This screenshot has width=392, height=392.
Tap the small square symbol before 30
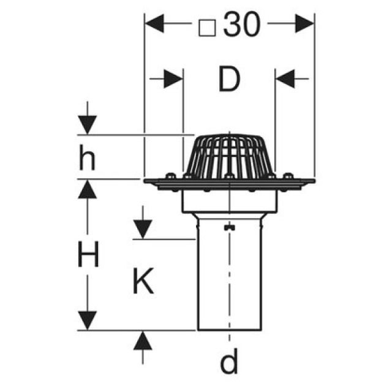tap(209, 26)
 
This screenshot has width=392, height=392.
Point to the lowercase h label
tap(87, 159)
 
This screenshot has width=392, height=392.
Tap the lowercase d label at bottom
tap(229, 363)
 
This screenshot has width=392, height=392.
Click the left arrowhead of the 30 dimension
tap(153, 24)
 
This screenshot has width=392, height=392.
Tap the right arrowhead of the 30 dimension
tap(304, 24)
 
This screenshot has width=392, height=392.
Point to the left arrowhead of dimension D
tap(174, 79)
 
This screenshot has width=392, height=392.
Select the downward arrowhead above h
tap(88, 126)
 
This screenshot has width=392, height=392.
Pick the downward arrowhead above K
tap(142, 230)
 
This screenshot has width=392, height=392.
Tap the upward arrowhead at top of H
tap(88, 189)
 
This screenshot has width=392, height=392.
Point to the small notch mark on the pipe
tap(229, 228)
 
